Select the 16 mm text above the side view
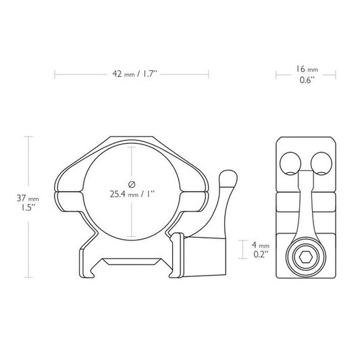pos(306,69)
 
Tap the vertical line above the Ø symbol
pos(132,162)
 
